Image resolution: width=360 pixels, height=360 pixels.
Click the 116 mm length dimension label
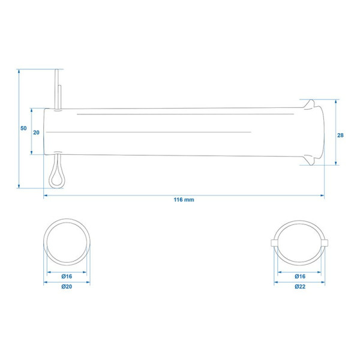click(184, 200)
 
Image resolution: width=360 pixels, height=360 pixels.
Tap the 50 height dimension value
click(23, 128)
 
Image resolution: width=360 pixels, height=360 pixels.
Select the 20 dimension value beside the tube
click(36, 133)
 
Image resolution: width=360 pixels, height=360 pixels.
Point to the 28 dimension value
click(340, 136)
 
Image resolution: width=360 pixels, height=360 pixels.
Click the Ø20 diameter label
click(67, 287)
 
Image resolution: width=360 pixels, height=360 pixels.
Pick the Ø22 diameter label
click(300, 287)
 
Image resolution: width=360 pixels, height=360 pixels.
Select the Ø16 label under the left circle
click(67, 277)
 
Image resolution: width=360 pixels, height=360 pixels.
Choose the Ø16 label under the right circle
click(300, 277)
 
